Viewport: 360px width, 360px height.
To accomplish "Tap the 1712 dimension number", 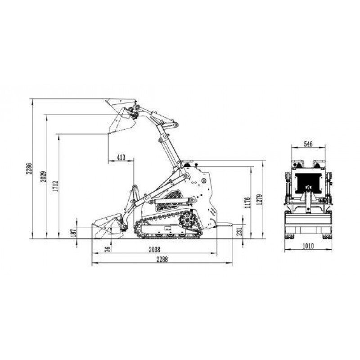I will coord(55,186).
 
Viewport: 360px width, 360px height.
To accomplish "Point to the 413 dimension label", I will coord(121,157).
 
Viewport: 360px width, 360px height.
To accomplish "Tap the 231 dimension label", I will coord(239,230).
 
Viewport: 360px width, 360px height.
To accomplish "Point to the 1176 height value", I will coord(247,202).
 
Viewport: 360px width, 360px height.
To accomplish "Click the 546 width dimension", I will coord(308,144).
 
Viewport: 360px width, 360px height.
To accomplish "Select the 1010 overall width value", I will coord(308,246).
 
